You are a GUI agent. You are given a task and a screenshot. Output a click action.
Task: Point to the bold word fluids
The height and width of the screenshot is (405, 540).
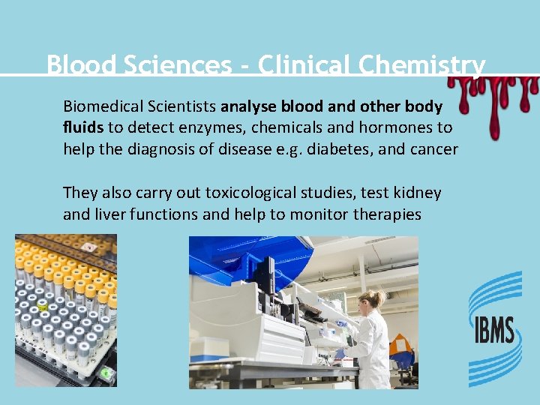[83, 127]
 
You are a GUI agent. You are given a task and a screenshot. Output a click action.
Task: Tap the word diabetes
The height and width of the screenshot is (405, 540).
[341, 149]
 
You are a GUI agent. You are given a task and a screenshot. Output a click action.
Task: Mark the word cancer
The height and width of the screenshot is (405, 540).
[432, 149]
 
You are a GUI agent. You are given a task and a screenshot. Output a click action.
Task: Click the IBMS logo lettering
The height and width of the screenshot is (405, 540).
[493, 329]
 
